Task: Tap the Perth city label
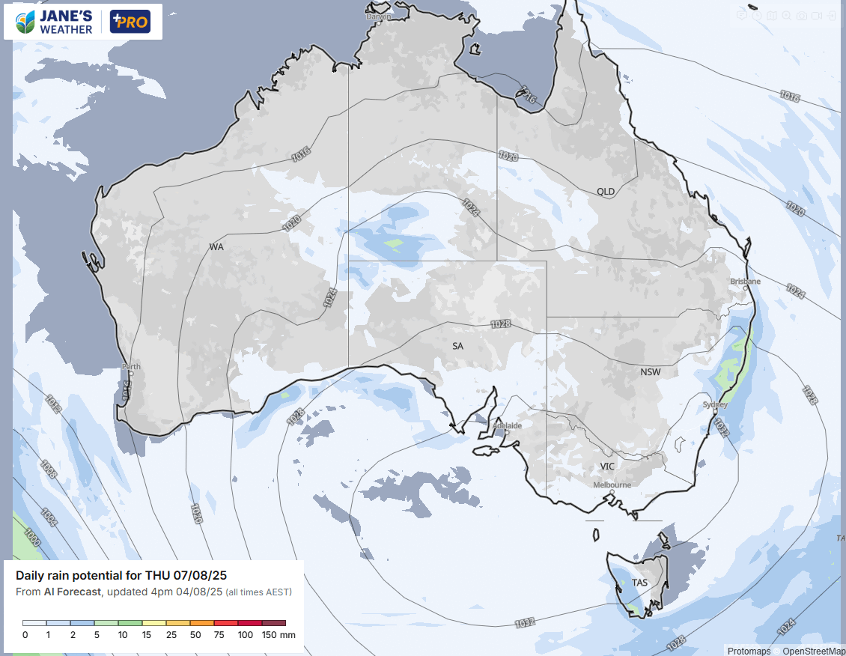coord(131,367)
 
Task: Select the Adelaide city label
coord(507,425)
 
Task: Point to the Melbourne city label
coord(612,485)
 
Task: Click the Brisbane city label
coord(745,282)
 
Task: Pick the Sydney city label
coord(715,404)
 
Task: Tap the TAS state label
coord(639,583)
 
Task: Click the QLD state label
coord(606,192)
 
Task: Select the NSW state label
coord(651,372)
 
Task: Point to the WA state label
coord(216,246)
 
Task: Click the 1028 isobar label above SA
coord(501,324)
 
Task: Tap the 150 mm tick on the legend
coord(277,635)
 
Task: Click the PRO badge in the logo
coord(130,22)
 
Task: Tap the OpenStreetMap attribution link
coord(814,651)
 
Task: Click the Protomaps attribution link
coord(749,651)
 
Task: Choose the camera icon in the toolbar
coord(801,16)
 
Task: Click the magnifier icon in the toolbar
coord(786,16)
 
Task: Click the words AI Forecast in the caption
coord(73,592)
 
